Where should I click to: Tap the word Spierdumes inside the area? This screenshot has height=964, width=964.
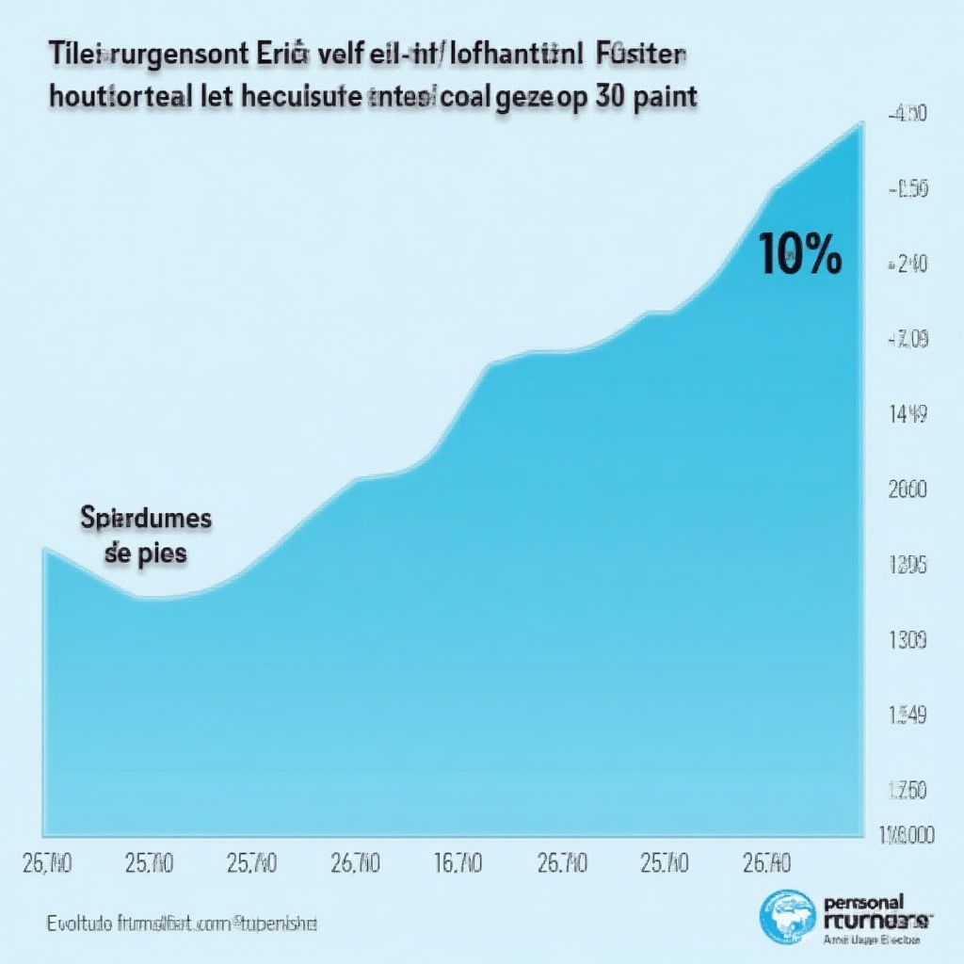(146, 519)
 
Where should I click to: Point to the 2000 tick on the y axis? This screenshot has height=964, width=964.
(908, 490)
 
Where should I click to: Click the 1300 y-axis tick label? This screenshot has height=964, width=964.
(908, 641)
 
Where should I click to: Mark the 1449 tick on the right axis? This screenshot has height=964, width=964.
(908, 412)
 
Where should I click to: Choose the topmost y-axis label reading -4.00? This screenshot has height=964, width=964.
(908, 114)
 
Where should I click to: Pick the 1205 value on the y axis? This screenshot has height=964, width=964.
(908, 566)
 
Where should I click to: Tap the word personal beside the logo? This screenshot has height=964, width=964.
(862, 901)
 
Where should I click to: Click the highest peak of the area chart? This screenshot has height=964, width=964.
(860, 125)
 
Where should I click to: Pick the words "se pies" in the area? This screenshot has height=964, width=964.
(146, 554)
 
